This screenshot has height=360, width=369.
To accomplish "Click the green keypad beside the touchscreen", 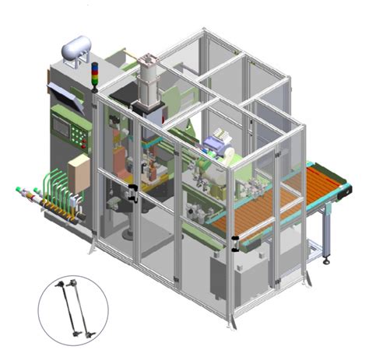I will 79,132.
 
